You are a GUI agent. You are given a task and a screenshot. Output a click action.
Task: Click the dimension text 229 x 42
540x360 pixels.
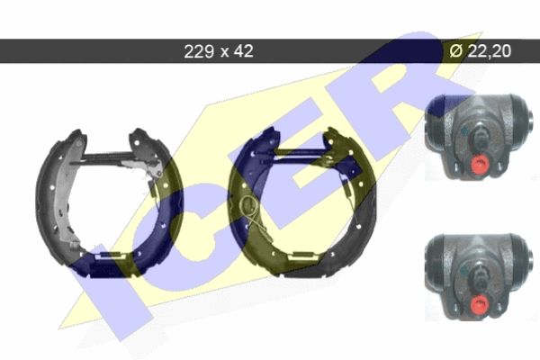tap(219, 51)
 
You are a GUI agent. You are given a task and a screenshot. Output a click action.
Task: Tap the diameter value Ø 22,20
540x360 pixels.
tap(481, 51)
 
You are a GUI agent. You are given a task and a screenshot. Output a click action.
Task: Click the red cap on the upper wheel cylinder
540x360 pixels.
tap(479, 165)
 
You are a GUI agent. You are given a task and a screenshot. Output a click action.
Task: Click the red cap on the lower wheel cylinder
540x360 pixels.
tap(480, 303)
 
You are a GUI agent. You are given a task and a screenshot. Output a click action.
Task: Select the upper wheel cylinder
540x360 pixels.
tap(480, 137)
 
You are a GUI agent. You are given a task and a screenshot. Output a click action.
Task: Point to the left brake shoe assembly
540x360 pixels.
tap(109, 202)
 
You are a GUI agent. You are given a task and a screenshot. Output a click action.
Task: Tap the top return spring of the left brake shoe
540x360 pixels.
tap(107, 157)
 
